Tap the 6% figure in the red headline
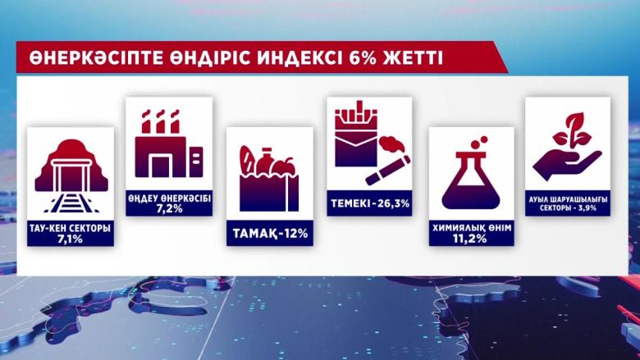click(x=363, y=58)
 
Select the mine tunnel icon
click(x=71, y=175)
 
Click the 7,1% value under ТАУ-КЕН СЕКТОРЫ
click(x=71, y=239)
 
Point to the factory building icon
click(x=168, y=144)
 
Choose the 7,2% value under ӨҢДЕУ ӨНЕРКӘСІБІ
click(x=169, y=209)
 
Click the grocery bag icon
click(x=269, y=179)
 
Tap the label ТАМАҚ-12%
click(x=270, y=234)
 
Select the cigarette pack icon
click(x=356, y=134)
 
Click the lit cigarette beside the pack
click(x=388, y=171)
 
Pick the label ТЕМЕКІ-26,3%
click(x=370, y=203)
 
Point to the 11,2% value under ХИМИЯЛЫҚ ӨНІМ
click(x=472, y=239)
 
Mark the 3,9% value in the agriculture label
click(x=585, y=207)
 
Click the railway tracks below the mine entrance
click(x=71, y=203)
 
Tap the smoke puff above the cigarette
click(x=391, y=144)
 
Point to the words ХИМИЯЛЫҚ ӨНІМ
click(x=472, y=227)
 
